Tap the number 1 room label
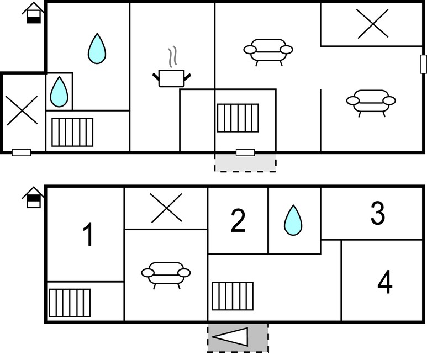coord(88,234)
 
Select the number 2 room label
coord(238,221)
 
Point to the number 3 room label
coord(378,213)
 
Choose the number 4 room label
coord(385,282)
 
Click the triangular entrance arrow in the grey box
coord(230,337)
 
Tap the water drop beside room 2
coord(293,220)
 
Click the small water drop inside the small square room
coord(59,92)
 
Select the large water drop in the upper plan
coord(97,49)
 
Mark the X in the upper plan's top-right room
coord(372,24)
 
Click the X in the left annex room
coord(22,110)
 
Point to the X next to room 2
coord(166,208)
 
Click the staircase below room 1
coord(70,303)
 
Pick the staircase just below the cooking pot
coord(238,118)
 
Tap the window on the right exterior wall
coord(423,64)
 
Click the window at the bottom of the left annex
coord(22,152)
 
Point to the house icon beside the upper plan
coord(34,13)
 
